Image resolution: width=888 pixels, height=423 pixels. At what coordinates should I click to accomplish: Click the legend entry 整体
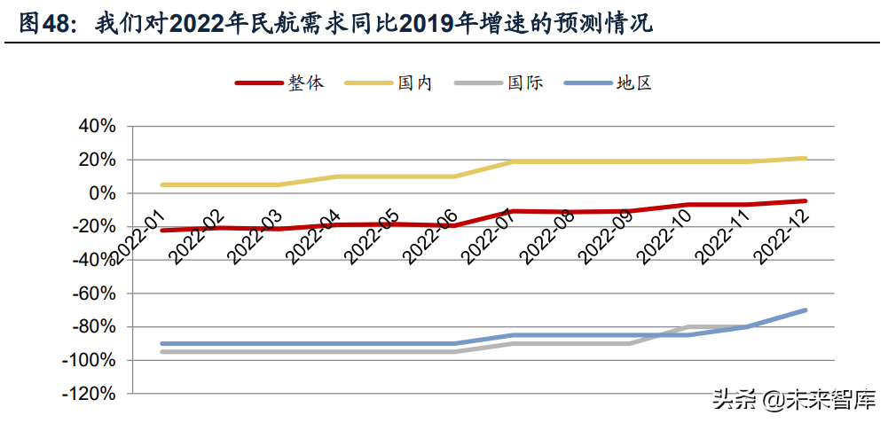point(304,83)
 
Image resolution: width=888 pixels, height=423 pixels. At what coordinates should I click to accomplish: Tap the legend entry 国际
point(524,83)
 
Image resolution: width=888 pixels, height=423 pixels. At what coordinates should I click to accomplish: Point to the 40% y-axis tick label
point(98,127)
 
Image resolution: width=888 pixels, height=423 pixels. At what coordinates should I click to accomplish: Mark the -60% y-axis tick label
point(94,294)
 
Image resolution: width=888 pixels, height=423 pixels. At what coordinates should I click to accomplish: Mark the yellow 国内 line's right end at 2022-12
point(805,158)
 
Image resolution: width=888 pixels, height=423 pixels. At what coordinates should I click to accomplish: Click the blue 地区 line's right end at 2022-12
point(805,310)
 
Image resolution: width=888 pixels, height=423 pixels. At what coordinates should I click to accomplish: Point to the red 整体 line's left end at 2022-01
point(161,230)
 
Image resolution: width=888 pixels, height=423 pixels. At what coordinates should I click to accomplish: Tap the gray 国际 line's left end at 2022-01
point(161,352)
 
